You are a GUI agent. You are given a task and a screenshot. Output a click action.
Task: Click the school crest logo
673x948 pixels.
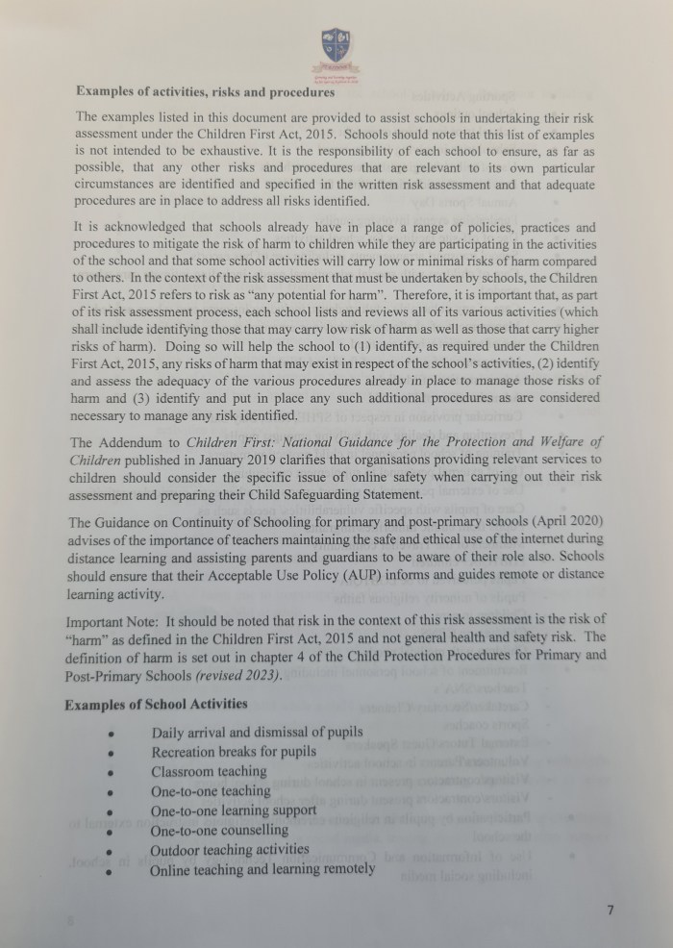click(x=336, y=44)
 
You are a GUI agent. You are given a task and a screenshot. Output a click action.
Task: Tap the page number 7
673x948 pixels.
click(x=611, y=911)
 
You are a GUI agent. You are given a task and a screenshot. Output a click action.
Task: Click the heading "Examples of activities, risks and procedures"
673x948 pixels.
click(x=205, y=92)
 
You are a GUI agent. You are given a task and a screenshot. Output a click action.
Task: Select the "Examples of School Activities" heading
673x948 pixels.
click(x=156, y=705)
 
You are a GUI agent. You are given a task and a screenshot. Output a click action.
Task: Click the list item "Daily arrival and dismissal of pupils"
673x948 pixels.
click(x=257, y=733)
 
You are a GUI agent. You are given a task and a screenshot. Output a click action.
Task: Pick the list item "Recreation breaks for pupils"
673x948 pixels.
click(x=234, y=752)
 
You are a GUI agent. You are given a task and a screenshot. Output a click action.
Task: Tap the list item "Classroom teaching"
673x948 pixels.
click(x=209, y=771)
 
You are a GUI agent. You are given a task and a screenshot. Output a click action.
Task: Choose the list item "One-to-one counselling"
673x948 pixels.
click(x=219, y=830)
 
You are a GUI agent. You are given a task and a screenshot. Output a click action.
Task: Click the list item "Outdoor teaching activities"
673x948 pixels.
click(x=230, y=850)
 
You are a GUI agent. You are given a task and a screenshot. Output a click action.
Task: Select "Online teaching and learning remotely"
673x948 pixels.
click(x=262, y=869)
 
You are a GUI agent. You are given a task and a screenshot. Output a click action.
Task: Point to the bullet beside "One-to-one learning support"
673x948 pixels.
click(x=112, y=811)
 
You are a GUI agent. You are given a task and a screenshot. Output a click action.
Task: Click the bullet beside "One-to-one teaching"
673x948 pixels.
click(x=112, y=792)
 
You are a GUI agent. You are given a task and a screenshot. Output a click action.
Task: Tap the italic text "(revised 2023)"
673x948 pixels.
click(x=237, y=675)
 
